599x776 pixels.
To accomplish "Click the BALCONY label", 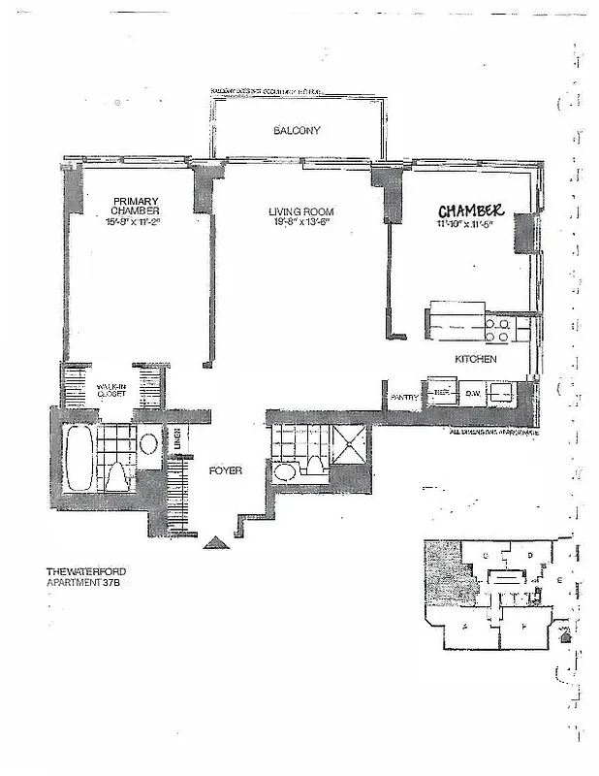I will click(x=296, y=130).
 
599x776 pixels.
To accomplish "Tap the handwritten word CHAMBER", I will click(x=470, y=211).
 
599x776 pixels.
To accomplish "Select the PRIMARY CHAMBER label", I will click(x=135, y=207).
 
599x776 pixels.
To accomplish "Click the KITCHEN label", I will click(x=476, y=359).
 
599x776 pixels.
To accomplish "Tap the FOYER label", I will click(x=225, y=470).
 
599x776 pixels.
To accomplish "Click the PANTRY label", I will click(x=404, y=397).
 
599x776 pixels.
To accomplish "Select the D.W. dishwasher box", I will click(x=473, y=393).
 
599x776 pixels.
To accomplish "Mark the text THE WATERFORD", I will click(x=90, y=572).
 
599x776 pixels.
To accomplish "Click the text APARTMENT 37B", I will click(x=90, y=584).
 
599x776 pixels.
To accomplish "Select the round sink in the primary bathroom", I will click(x=148, y=445).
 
